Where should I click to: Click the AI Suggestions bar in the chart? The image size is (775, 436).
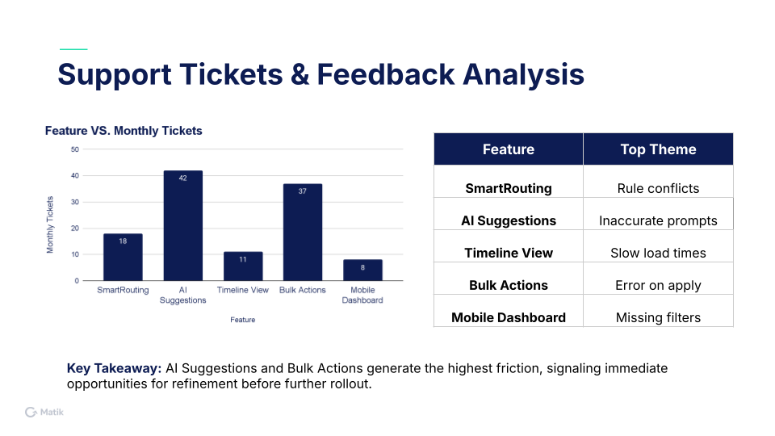tap(183, 225)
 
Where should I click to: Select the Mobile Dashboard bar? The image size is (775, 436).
tap(362, 270)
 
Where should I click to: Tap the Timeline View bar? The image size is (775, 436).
tap(243, 266)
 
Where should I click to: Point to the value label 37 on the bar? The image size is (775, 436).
tap(303, 191)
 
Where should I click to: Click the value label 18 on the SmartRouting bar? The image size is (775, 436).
tap(123, 241)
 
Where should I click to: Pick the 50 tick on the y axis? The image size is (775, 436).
tap(75, 149)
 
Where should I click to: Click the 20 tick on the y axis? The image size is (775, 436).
tap(75, 228)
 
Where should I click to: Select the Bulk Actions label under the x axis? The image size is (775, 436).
tap(303, 290)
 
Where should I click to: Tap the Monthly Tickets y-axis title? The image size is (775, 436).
tap(50, 225)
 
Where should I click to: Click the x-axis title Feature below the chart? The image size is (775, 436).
tap(243, 320)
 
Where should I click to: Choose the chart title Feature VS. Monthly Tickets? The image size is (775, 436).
tap(124, 131)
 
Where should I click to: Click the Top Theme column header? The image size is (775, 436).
tap(659, 149)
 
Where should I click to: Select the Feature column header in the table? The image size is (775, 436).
tap(509, 149)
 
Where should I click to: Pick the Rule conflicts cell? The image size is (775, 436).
tap(659, 188)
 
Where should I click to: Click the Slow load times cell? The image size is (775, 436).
tap(659, 253)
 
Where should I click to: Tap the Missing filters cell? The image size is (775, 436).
tap(659, 317)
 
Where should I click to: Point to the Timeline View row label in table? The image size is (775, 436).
tap(509, 253)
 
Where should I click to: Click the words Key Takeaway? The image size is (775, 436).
tap(114, 368)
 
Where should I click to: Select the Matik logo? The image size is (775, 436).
tap(44, 413)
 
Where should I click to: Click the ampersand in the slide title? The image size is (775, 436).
tap(300, 74)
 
